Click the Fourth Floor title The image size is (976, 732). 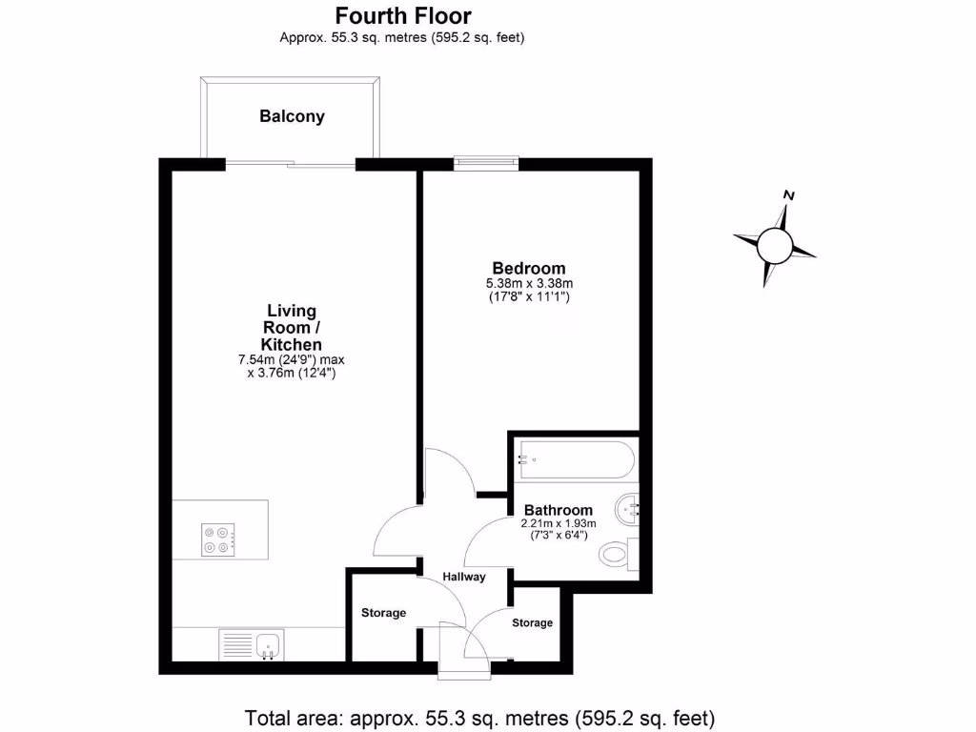pyautogui.click(x=402, y=16)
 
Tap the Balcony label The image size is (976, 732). pyautogui.click(x=292, y=116)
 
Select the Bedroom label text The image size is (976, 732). pyautogui.click(x=528, y=268)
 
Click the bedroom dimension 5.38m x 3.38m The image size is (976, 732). pyautogui.click(x=529, y=283)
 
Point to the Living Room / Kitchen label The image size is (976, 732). pyautogui.click(x=293, y=327)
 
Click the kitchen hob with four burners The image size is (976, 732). pyautogui.click(x=217, y=540)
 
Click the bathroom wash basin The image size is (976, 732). pyautogui.click(x=629, y=509)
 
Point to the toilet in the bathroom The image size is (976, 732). pyautogui.click(x=619, y=552)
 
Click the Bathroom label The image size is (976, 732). pyautogui.click(x=559, y=510)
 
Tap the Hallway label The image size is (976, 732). pyautogui.click(x=463, y=577)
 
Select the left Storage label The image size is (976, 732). pyautogui.click(x=383, y=613)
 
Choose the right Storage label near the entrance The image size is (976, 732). pyautogui.click(x=532, y=622)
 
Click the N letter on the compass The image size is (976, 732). pyautogui.click(x=788, y=195)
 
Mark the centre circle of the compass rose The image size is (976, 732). pyautogui.click(x=774, y=247)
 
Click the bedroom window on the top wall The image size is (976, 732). pyautogui.click(x=486, y=164)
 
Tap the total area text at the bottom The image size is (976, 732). pyautogui.click(x=479, y=718)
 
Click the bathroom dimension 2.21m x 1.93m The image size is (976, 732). pyautogui.click(x=559, y=523)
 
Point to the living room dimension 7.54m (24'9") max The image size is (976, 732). pyautogui.click(x=292, y=359)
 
